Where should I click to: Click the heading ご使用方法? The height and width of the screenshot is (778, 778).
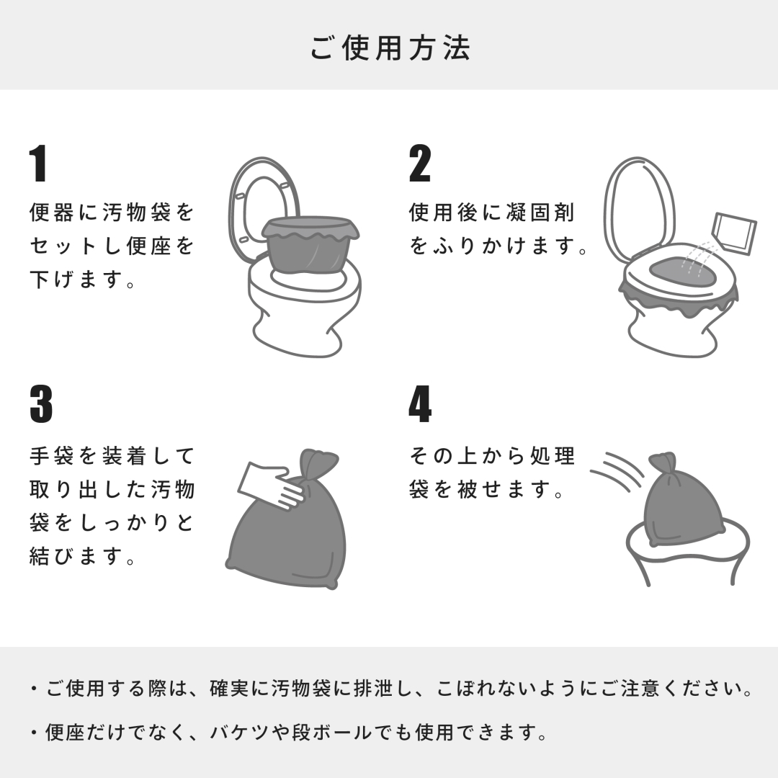(390, 48)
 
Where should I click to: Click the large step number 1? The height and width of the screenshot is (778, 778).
(37, 164)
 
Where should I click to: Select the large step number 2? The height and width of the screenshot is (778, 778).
(420, 164)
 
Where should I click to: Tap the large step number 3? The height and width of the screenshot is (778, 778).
(40, 404)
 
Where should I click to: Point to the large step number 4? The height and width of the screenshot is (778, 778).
(420, 404)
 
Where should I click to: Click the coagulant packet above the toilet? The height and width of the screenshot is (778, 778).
(734, 233)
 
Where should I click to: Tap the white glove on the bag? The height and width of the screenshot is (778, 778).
(270, 486)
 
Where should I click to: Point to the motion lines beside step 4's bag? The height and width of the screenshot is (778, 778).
(618, 470)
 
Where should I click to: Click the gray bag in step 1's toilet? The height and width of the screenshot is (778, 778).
(310, 244)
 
